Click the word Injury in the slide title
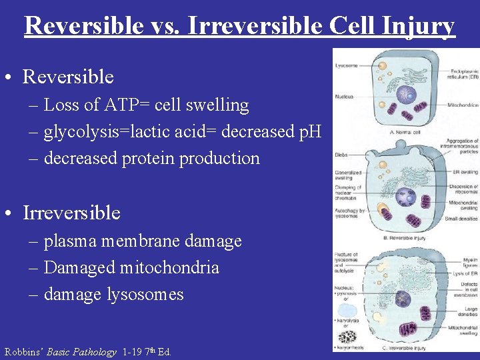[418, 26]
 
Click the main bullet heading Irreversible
[71, 213]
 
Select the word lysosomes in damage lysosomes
[147, 295]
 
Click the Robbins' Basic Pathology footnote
[87, 352]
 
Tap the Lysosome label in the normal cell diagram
[347, 66]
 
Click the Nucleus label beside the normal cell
[345, 96]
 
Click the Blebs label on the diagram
[341, 155]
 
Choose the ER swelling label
[465, 172]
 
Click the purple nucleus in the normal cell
[407, 88]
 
